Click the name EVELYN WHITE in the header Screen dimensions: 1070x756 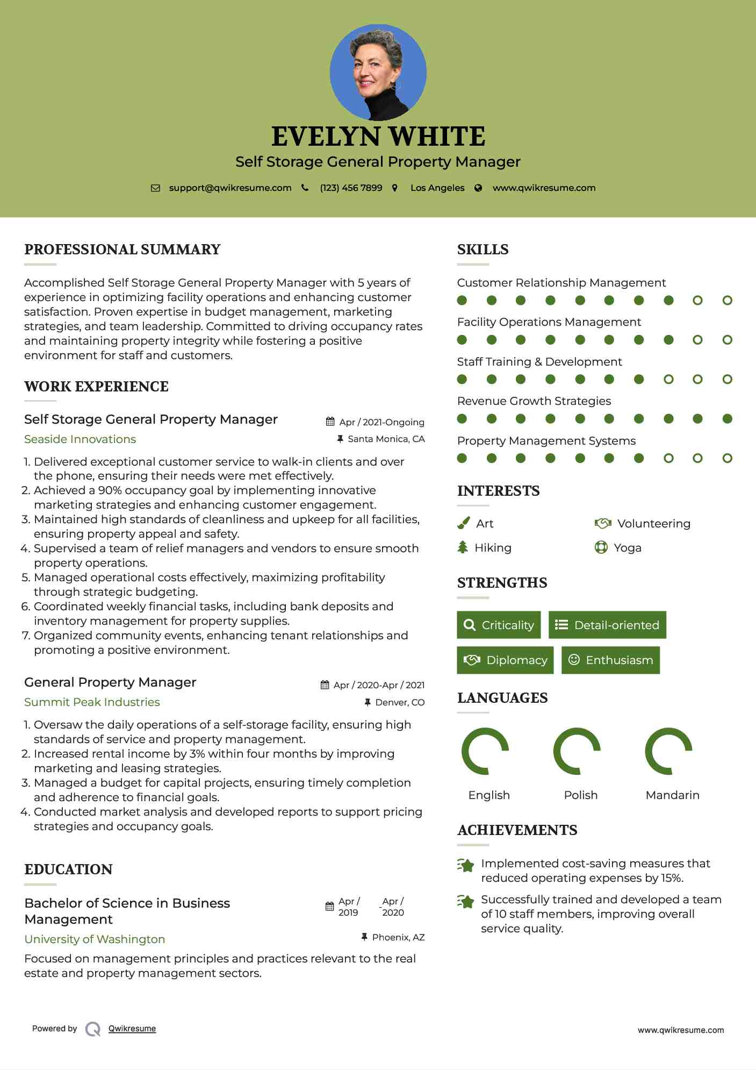[378, 137]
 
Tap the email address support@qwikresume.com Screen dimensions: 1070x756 [230, 188]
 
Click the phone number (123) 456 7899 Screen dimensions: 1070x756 [351, 188]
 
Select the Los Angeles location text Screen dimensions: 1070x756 [437, 188]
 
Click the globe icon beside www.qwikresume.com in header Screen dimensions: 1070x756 [478, 188]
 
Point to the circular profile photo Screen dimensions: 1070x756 [378, 72]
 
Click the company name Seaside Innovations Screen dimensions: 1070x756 [80, 439]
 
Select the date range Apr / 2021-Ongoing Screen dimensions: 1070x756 [381, 423]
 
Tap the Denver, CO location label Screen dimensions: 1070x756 [400, 702]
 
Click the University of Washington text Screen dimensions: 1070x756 [95, 939]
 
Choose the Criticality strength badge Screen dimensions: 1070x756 [499, 625]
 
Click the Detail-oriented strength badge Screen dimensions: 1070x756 [607, 625]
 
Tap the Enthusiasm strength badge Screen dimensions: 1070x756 [610, 660]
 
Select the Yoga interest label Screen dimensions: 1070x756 [628, 548]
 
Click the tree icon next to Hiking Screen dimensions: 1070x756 [463, 547]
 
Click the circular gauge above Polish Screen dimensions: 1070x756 [577, 751]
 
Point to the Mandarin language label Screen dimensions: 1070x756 [672, 795]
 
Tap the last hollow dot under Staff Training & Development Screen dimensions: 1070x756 [727, 380]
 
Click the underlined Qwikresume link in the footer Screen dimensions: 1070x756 [132, 1029]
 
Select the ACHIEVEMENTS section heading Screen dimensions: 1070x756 [517, 830]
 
